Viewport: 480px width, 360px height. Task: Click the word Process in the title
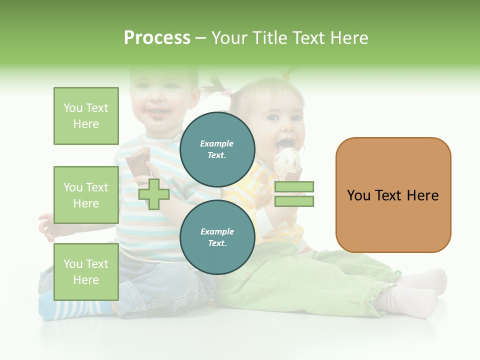pyautogui.click(x=157, y=38)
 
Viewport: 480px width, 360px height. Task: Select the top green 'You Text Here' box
pyautogui.click(x=86, y=116)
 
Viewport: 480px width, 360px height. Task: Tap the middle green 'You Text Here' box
pyautogui.click(x=86, y=195)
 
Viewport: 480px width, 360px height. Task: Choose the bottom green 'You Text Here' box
pyautogui.click(x=86, y=271)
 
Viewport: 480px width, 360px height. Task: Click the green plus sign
pyautogui.click(x=154, y=193)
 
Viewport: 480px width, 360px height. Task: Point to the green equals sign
pyautogui.click(x=294, y=194)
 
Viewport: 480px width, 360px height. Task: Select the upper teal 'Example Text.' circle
pyautogui.click(x=217, y=149)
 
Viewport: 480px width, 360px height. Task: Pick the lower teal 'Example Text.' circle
pyautogui.click(x=217, y=237)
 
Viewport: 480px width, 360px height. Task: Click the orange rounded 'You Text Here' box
pyautogui.click(x=393, y=195)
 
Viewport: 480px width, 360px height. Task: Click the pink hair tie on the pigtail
pyautogui.click(x=227, y=92)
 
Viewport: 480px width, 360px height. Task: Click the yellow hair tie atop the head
pyautogui.click(x=287, y=76)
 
